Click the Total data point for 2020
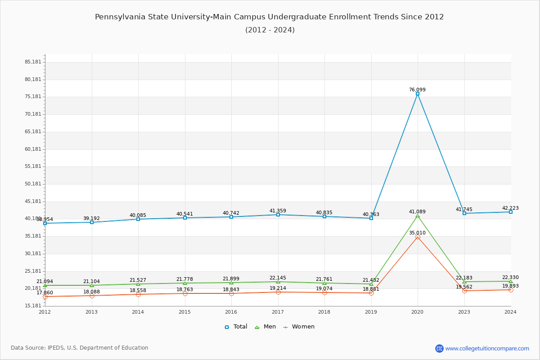point(418,94)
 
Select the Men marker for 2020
point(418,216)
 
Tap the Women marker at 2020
point(418,237)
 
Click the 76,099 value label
point(417,90)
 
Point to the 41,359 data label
point(278,211)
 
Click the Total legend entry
point(236,327)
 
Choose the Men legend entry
point(266,327)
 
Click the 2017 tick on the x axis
point(278,312)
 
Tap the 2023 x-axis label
point(464,312)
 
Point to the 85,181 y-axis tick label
point(33,62)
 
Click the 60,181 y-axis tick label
point(33,149)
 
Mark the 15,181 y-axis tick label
point(33,306)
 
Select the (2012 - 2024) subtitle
point(270,30)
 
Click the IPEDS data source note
point(80,348)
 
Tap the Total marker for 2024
point(511,212)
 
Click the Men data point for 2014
point(138,284)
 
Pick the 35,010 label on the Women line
point(417,233)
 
